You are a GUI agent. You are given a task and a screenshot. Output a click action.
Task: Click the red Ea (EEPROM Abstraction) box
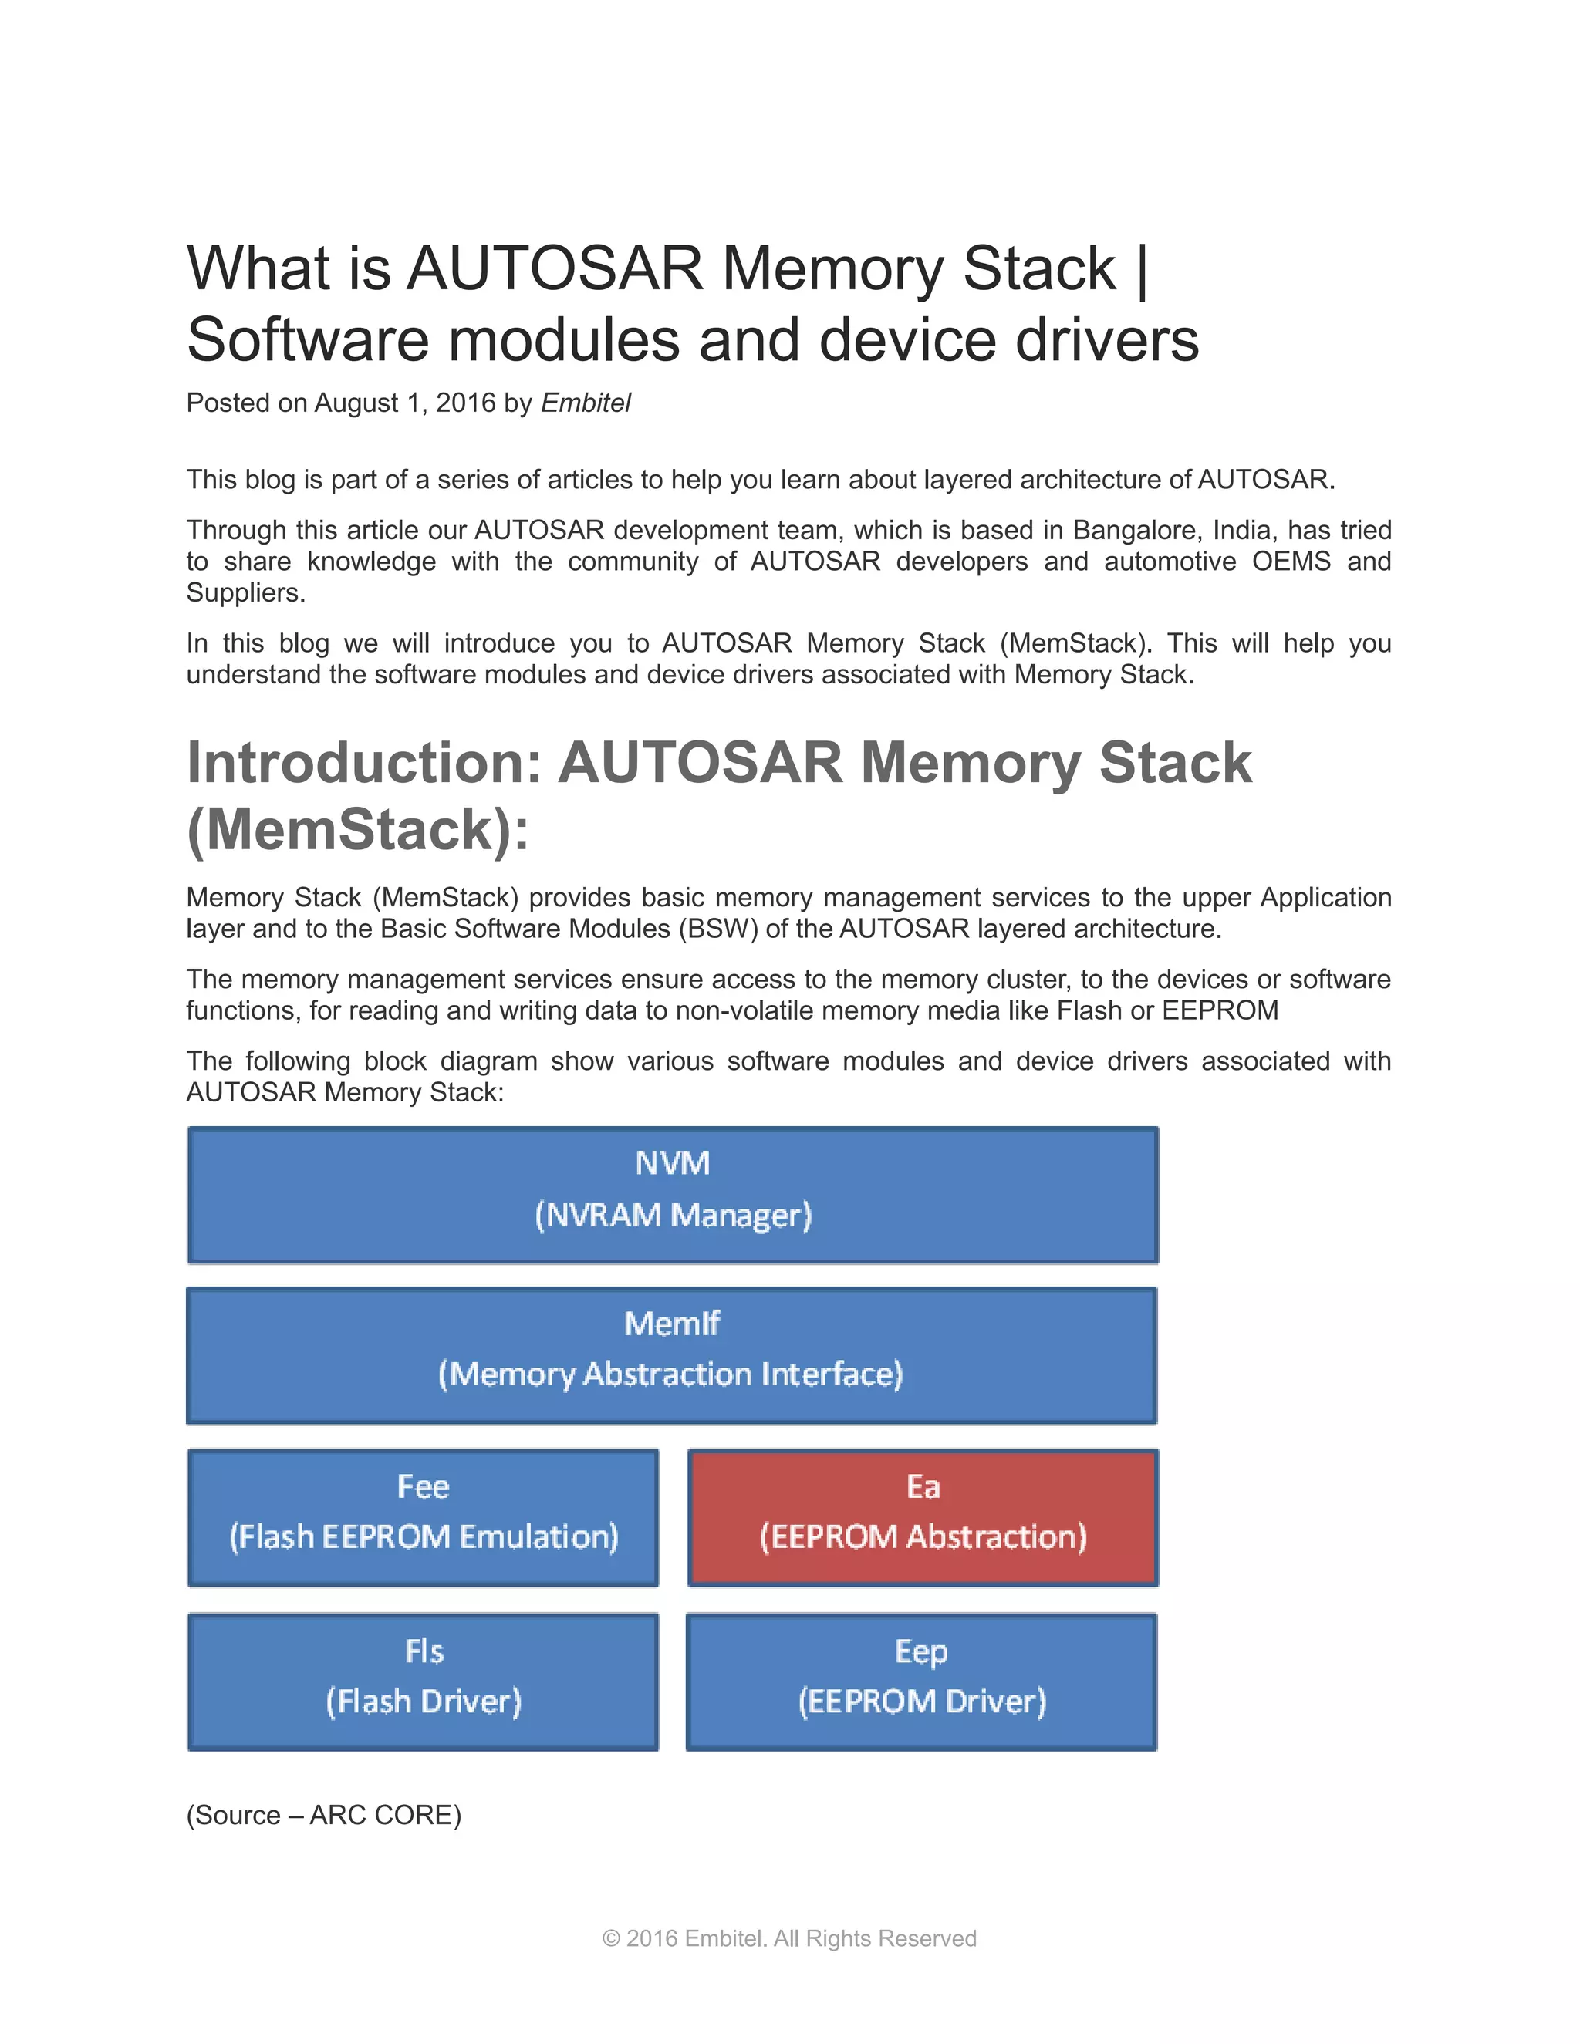pos(923,1517)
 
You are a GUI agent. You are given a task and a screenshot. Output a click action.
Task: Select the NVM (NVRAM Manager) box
pos(673,1195)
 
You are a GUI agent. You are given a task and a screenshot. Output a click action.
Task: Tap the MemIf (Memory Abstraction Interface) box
pos(672,1355)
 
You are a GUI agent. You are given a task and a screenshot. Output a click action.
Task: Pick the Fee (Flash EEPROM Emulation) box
pos(423,1517)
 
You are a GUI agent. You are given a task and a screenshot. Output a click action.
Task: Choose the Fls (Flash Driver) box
pos(423,1681)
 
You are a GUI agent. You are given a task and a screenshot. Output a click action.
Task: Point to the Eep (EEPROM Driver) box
pos(922,1681)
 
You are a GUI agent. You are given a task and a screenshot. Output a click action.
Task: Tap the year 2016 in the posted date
pos(465,403)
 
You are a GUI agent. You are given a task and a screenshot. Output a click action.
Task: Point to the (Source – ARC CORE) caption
pos(324,1815)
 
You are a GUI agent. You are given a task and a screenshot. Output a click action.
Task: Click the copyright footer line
pos(789,1938)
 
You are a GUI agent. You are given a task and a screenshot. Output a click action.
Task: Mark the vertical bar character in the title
pos(1142,269)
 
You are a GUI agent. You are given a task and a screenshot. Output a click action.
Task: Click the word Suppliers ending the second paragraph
pos(245,592)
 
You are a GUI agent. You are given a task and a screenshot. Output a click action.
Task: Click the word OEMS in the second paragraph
pos(1291,562)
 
